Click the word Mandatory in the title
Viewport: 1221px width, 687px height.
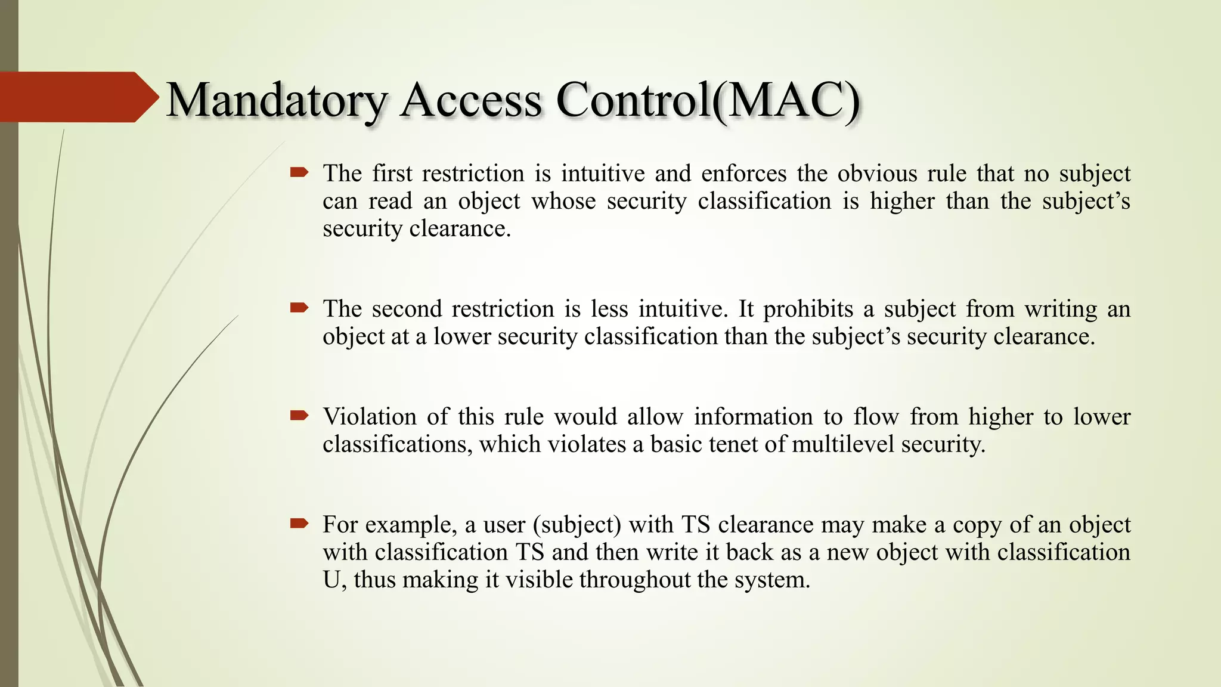[x=277, y=100]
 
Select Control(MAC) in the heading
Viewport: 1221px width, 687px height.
[x=708, y=100]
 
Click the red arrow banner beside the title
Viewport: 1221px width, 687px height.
[x=78, y=97]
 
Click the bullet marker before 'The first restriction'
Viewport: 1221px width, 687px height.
[x=299, y=173]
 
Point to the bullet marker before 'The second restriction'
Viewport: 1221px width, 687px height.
[x=299, y=308]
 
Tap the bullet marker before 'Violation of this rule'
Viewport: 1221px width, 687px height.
[x=299, y=416]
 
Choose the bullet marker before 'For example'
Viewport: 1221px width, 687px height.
[x=299, y=524]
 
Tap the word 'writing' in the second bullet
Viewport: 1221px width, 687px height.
[x=1061, y=309]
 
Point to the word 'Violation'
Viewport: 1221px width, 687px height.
[x=369, y=416]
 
